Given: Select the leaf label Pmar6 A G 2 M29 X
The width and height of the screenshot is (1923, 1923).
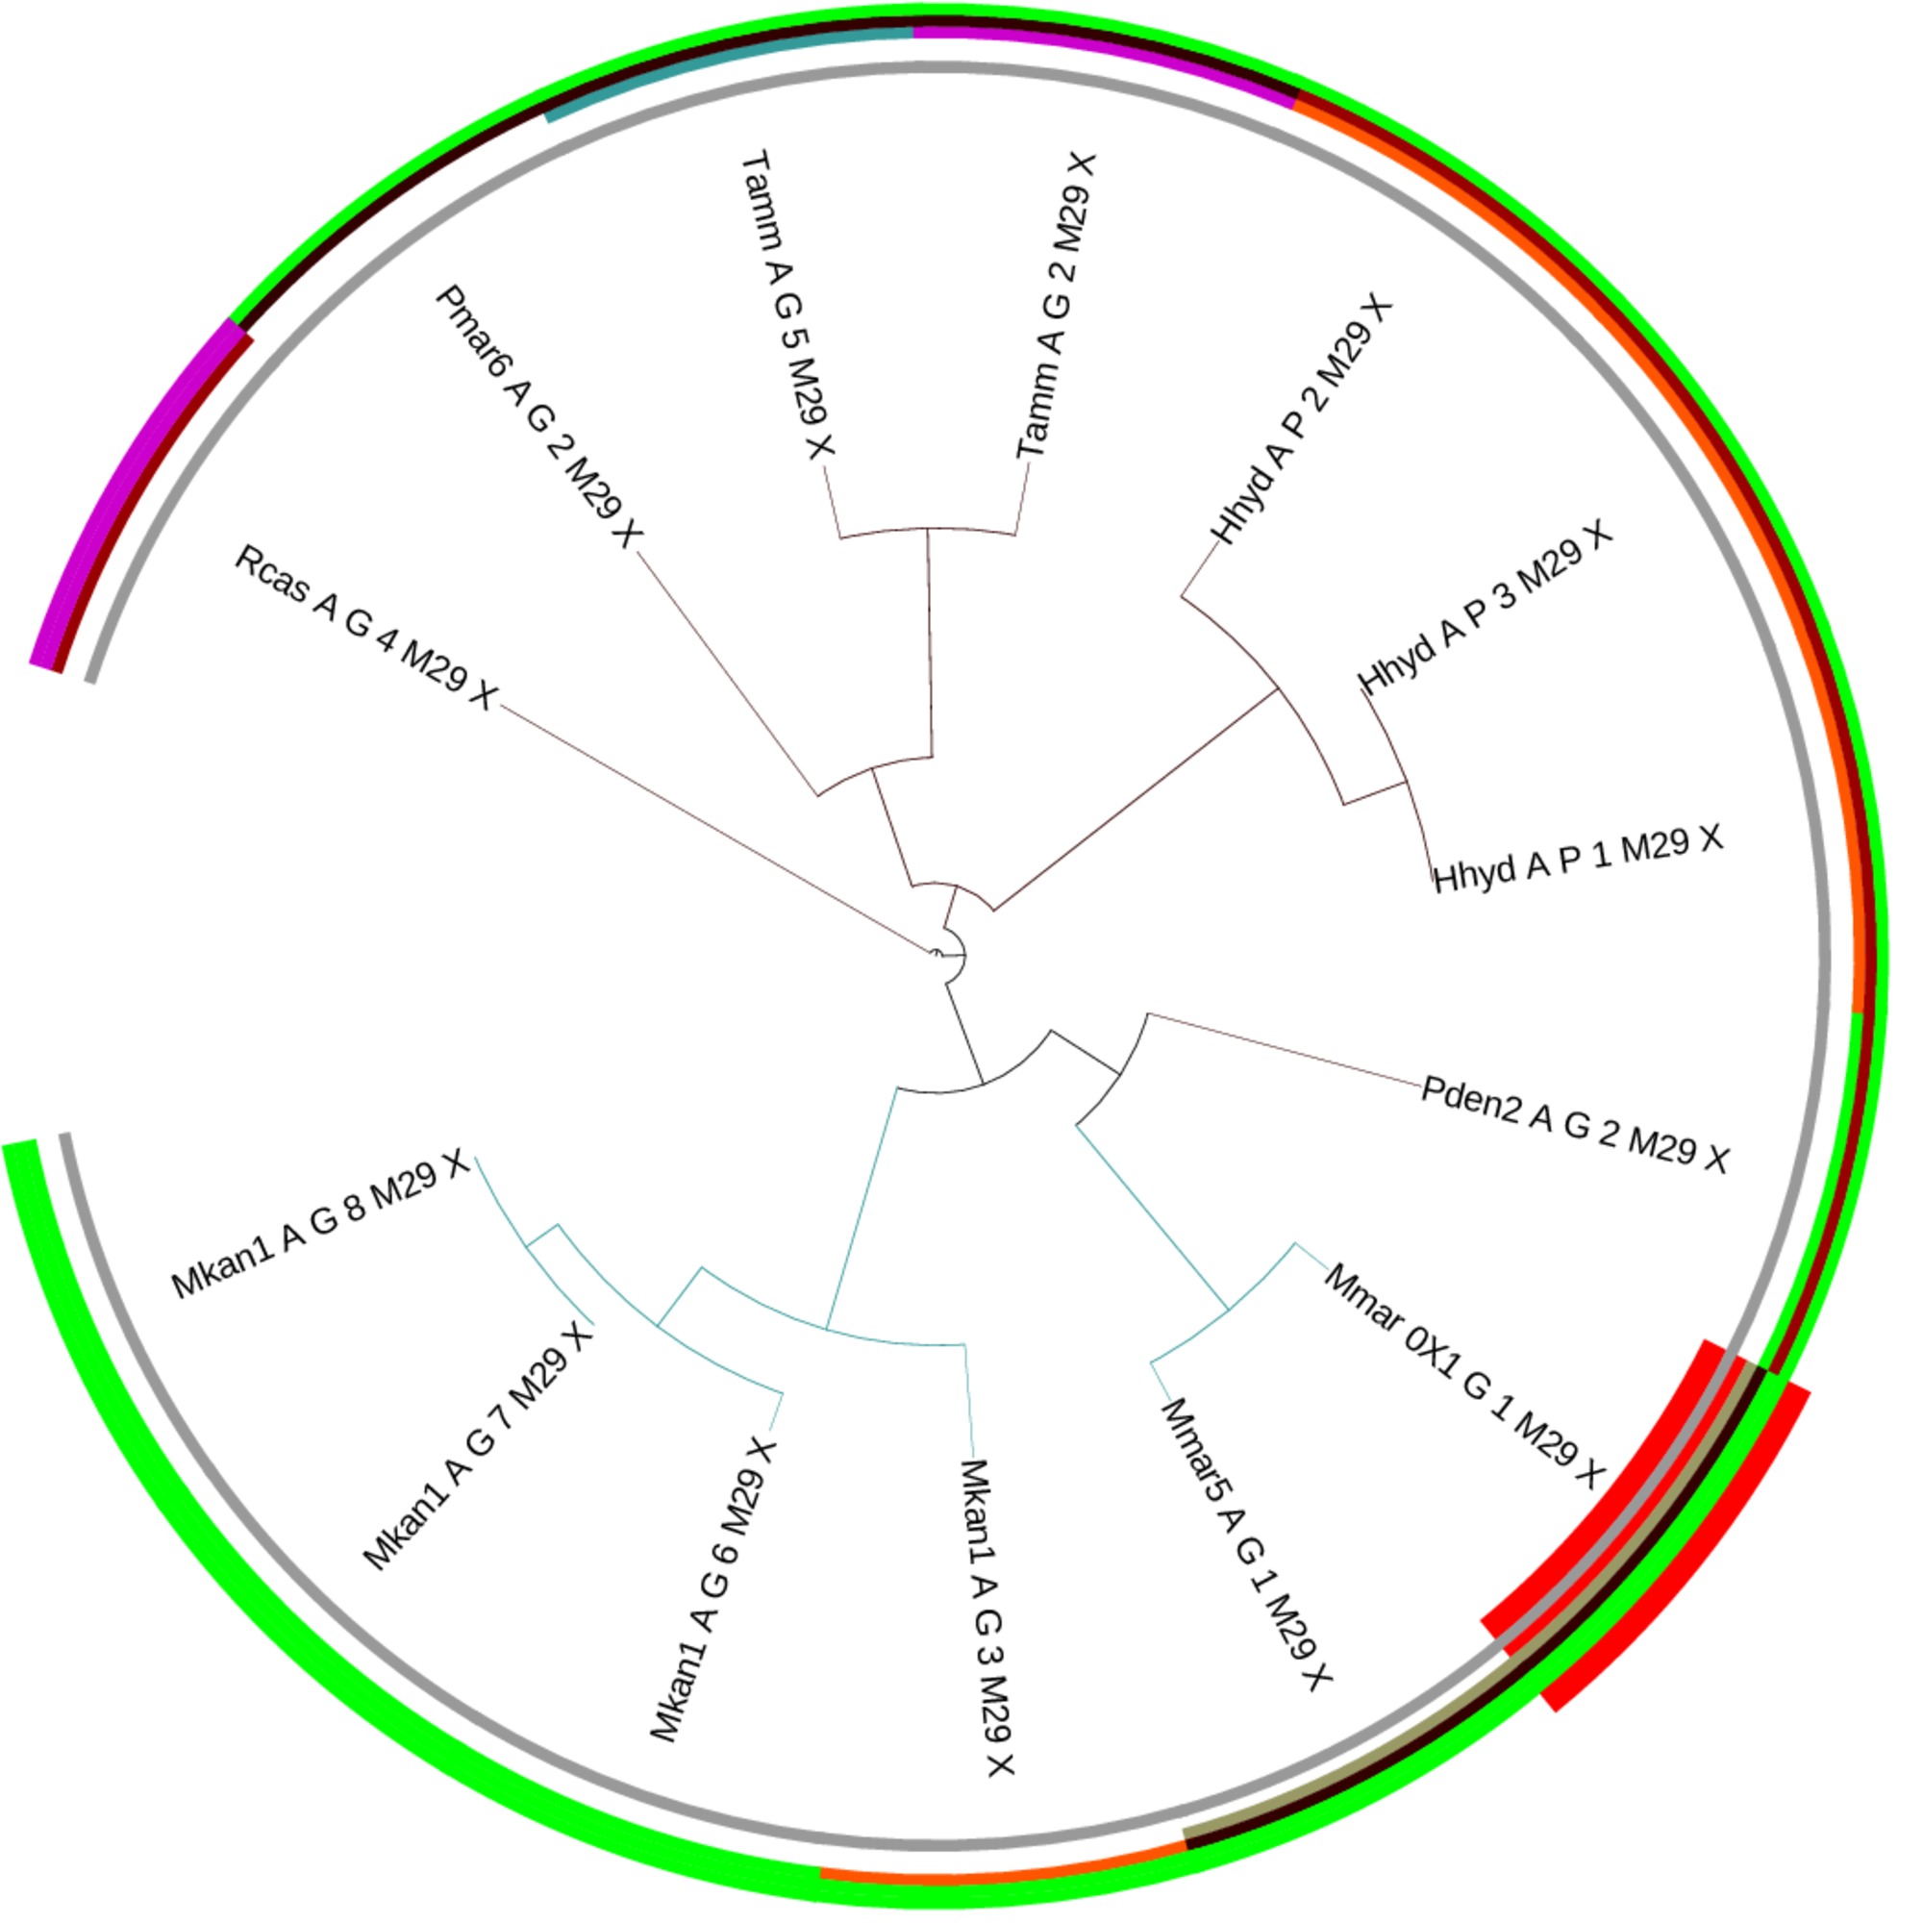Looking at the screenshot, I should pyautogui.click(x=538, y=417).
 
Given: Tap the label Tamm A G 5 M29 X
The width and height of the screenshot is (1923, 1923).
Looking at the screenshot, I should pyautogui.click(x=787, y=305).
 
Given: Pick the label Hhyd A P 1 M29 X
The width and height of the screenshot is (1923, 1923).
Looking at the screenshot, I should pyautogui.click(x=1578, y=858).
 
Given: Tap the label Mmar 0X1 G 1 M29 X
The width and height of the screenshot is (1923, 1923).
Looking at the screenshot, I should pyautogui.click(x=1464, y=1377).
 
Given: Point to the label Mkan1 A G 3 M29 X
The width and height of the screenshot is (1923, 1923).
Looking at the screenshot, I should pyautogui.click(x=987, y=1618).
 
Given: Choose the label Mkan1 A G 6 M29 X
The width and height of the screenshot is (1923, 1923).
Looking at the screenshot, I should pyautogui.click(x=712, y=1589).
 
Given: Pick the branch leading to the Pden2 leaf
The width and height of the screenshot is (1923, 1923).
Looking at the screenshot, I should pyautogui.click(x=1284, y=1049).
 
